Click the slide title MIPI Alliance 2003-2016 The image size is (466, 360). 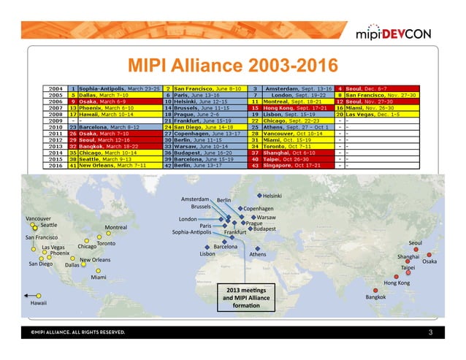click(232, 66)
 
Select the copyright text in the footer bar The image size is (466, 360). click(77, 332)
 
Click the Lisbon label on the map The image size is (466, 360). click(207, 254)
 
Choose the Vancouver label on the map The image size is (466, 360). click(38, 218)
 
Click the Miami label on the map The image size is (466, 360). click(98, 277)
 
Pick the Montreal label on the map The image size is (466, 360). click(116, 227)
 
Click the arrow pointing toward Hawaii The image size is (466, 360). click(33, 295)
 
